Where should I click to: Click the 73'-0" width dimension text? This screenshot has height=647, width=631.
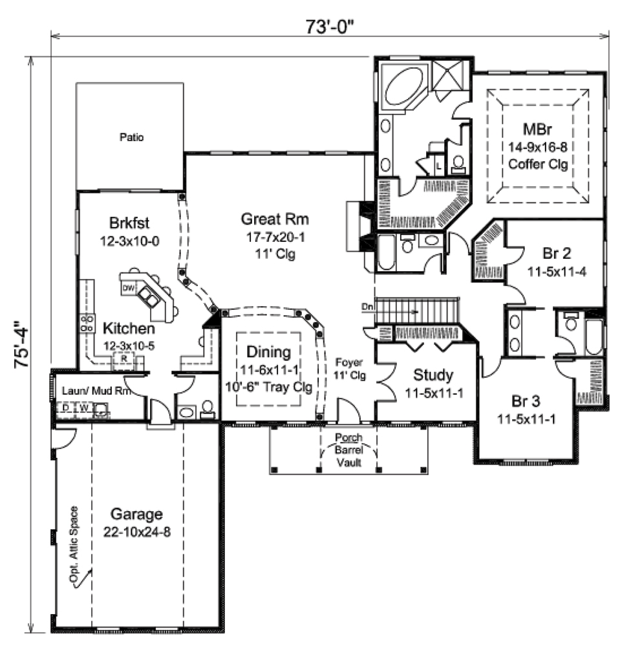click(330, 27)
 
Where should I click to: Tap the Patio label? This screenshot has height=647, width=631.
click(131, 137)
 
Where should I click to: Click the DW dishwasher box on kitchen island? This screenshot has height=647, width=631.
click(128, 287)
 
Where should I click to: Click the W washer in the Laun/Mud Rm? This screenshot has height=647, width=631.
click(83, 408)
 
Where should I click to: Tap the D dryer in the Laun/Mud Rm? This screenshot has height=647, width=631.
click(65, 408)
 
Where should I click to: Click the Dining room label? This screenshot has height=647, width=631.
click(268, 353)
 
